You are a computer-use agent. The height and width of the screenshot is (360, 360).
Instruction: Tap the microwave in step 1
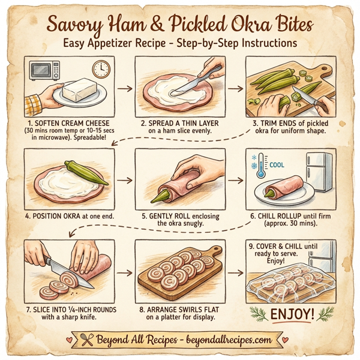(42, 70)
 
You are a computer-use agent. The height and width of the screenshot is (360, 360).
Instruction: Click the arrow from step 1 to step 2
(125, 88)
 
